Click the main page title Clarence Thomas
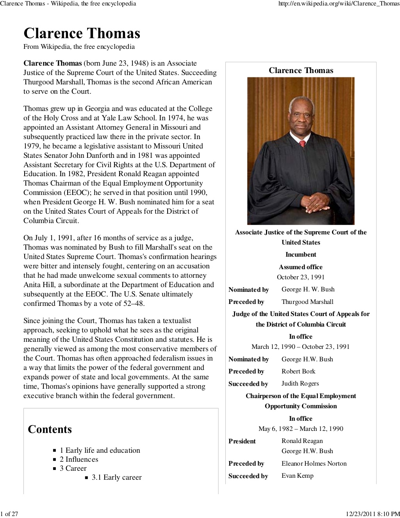pos(82,34)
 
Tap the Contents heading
pos(50,429)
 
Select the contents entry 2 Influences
pos(79,459)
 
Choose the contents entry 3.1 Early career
pos(116,477)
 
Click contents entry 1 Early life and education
pos(100,450)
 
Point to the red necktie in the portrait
pos(302,144)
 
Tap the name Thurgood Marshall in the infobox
pos(307,302)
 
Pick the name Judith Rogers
pos(300,383)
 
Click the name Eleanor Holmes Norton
pos(314,463)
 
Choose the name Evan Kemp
pos(297,475)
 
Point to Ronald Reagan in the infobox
pos(302,441)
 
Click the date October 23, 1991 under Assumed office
pos(301,277)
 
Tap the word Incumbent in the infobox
pos(301,255)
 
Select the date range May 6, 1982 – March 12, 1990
pos(301,429)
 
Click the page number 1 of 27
pos(9,513)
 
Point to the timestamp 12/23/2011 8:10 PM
pos(373,513)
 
